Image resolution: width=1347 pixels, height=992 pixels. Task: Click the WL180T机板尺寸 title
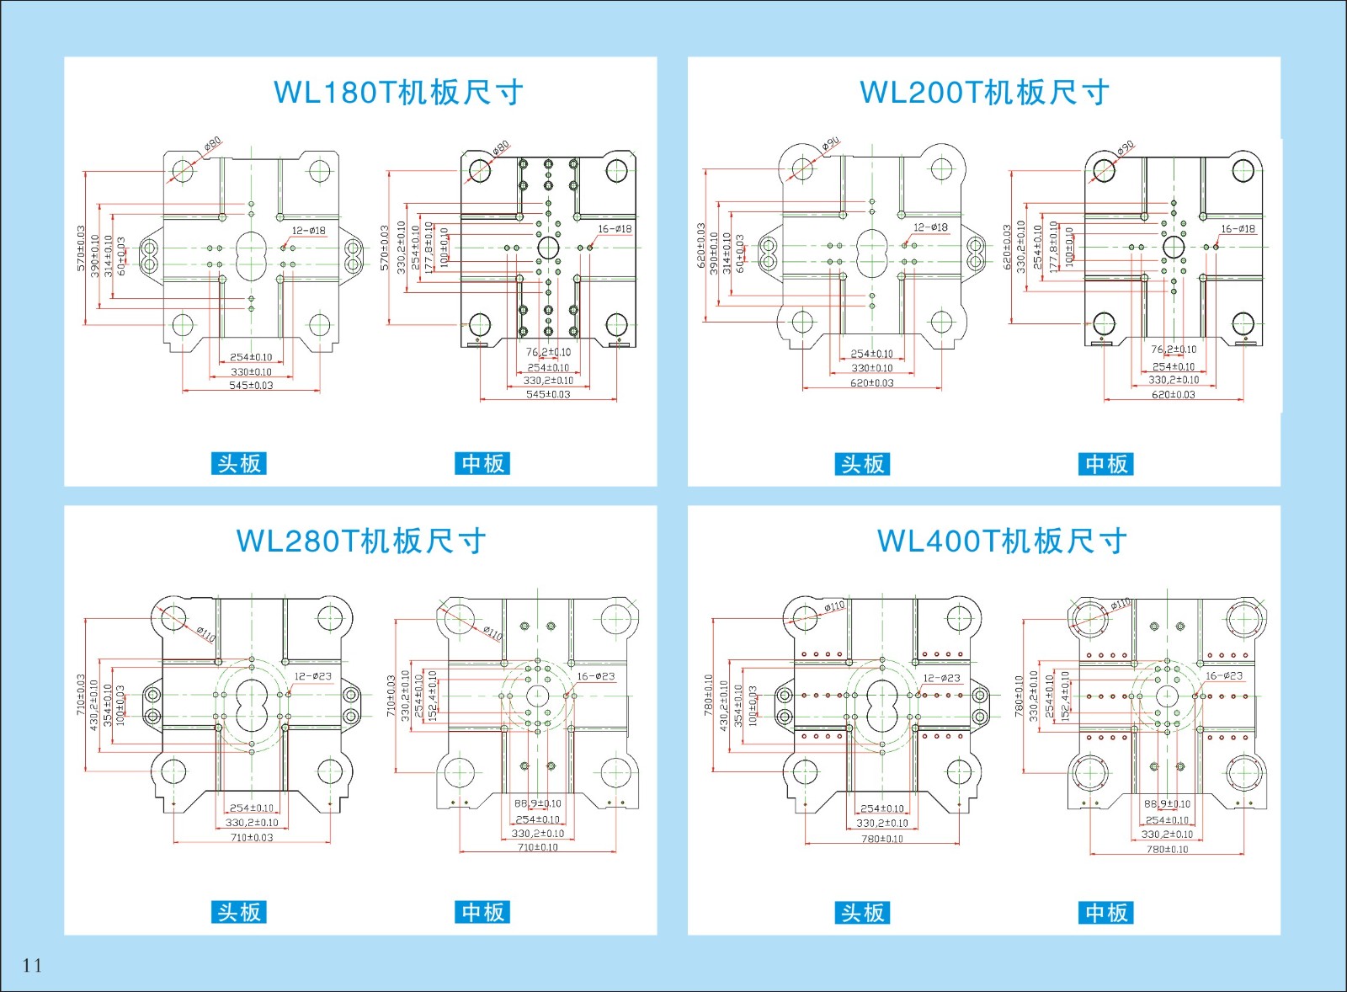tap(398, 92)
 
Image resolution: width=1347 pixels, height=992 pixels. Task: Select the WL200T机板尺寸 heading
tap(984, 92)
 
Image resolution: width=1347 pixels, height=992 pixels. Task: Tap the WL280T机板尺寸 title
tap(361, 541)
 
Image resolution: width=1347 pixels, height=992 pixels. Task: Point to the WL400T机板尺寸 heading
tap(1002, 541)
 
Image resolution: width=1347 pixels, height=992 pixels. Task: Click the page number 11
tap(32, 965)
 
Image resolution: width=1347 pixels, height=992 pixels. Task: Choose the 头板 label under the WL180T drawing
tap(238, 463)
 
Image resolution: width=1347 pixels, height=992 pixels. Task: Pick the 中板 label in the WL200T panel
tap(1105, 464)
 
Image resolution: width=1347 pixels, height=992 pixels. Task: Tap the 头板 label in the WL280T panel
tap(238, 912)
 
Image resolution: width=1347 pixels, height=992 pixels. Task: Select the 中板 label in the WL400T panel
tap(1105, 912)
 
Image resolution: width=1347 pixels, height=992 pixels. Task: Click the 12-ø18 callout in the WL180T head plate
tap(308, 230)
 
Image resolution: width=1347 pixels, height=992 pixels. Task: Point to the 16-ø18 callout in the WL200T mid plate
tap(1238, 228)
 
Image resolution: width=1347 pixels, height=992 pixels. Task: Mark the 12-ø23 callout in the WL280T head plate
tap(312, 676)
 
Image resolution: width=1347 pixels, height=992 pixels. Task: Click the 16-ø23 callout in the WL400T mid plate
tap(1223, 675)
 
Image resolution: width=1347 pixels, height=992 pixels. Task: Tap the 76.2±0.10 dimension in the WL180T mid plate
tap(548, 352)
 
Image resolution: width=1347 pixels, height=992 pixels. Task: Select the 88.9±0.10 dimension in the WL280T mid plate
tap(537, 803)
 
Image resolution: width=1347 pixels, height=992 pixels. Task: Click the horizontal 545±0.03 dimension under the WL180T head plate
tap(251, 386)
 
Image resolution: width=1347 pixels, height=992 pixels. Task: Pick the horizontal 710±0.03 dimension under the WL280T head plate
tap(251, 837)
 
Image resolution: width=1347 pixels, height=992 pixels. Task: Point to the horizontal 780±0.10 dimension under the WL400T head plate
tap(881, 839)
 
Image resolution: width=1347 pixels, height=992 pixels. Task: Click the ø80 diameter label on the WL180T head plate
tap(213, 144)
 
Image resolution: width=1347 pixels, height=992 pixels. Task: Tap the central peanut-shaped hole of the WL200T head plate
tap(872, 253)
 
